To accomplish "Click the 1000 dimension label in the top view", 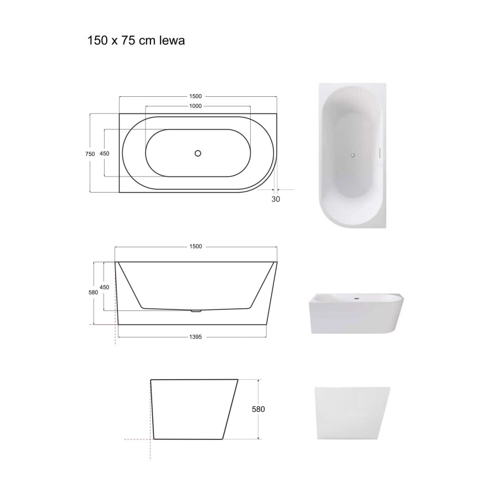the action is click(195, 106).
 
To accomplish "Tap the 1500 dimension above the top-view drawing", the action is click(195, 96).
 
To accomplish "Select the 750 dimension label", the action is click(90, 154).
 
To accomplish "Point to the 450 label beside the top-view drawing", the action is click(105, 153).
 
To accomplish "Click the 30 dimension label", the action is click(276, 199).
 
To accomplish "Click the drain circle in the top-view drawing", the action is click(198, 153).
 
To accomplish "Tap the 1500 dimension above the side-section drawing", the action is click(196, 246).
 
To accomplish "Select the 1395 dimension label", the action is click(196, 336).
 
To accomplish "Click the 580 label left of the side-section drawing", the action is click(93, 292).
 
